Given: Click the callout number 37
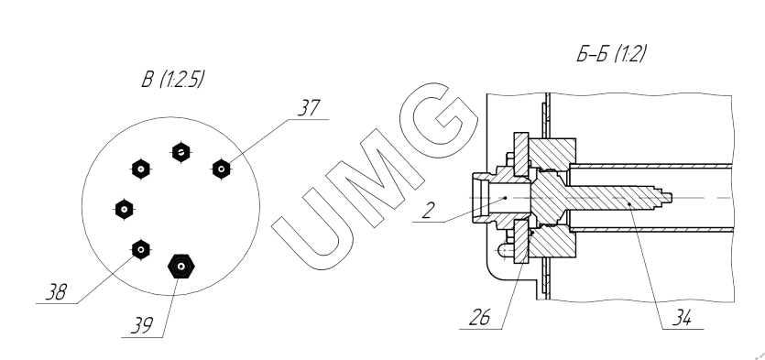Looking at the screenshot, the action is (310, 108).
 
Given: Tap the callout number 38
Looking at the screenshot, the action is (57, 292).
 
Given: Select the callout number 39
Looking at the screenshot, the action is (141, 325).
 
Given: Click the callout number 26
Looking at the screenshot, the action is (479, 318).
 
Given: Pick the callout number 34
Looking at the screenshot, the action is (681, 318).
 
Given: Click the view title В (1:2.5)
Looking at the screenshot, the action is (172, 80).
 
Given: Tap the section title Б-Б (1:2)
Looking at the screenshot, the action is (611, 54).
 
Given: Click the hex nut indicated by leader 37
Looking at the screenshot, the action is (222, 169).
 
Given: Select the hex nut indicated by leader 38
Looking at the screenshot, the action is (141, 250).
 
